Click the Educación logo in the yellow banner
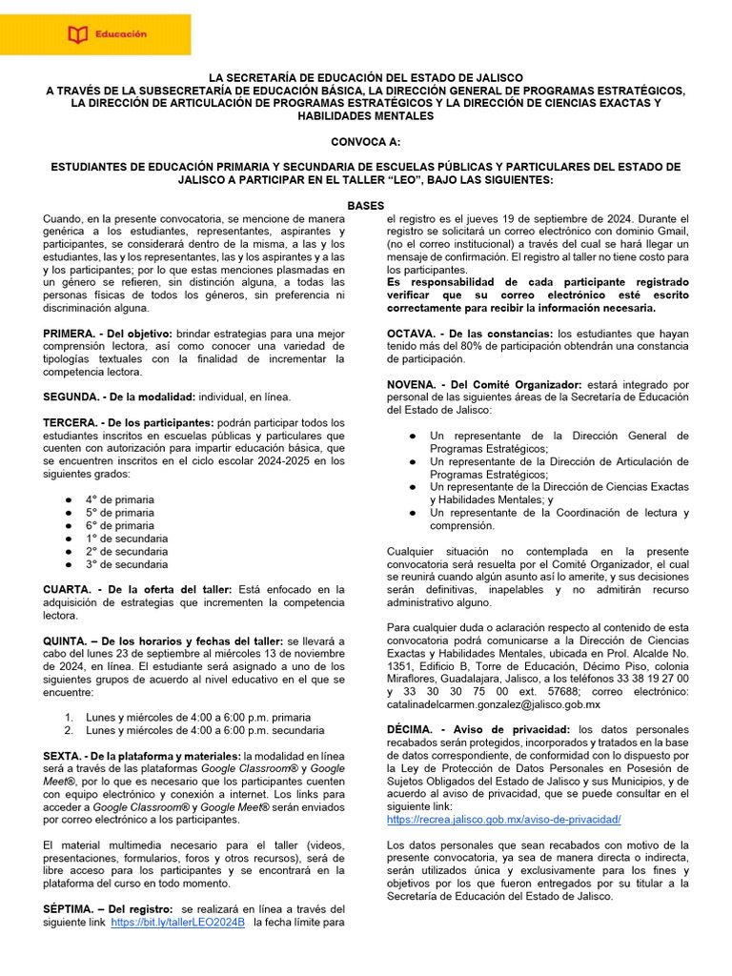(x=107, y=34)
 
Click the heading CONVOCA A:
(x=366, y=141)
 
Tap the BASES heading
(x=366, y=205)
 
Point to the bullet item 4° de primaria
(x=120, y=499)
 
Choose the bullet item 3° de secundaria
(x=127, y=564)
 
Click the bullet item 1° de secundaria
(x=127, y=539)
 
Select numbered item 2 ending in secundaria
(x=204, y=730)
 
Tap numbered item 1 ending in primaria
(x=198, y=717)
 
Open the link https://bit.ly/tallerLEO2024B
(x=178, y=923)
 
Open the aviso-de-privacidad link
(x=503, y=820)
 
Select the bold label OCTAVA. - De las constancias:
(x=470, y=334)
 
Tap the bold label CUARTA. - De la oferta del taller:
(x=139, y=590)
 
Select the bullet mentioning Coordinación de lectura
(x=559, y=518)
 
